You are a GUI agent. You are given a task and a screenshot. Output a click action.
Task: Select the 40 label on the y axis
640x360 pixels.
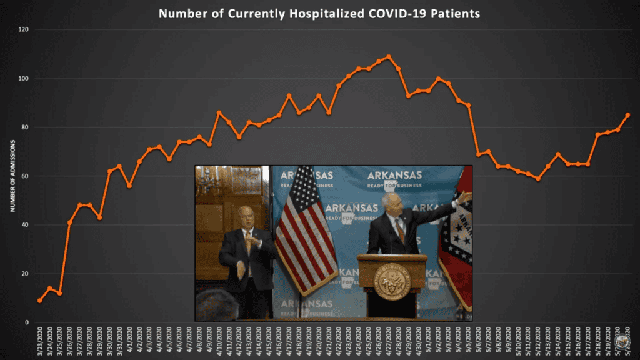(24, 225)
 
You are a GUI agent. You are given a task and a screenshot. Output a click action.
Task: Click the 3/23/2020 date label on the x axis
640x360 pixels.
(40, 341)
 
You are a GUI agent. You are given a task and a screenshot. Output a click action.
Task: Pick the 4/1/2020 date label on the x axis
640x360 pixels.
(129, 341)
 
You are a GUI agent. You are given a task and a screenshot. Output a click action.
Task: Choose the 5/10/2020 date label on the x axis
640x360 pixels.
(517, 341)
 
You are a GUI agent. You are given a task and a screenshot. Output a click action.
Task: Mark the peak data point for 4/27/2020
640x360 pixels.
(388, 57)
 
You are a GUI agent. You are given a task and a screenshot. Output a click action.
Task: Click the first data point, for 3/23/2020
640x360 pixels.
(40, 301)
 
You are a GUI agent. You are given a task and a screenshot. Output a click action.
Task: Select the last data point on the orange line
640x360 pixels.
(627, 115)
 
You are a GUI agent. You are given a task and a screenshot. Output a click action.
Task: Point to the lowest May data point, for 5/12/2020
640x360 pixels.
(537, 179)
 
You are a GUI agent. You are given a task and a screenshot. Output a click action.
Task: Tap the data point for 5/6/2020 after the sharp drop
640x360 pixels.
(478, 154)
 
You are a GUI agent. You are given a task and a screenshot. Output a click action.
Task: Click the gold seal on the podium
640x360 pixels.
(392, 282)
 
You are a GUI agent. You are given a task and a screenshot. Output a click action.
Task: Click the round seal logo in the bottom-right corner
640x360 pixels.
(621, 342)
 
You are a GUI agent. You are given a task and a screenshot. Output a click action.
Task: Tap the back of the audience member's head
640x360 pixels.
(216, 306)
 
